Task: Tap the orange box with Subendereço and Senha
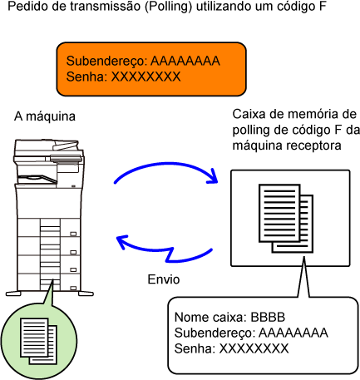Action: tap(151, 69)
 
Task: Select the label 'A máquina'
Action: tap(45, 116)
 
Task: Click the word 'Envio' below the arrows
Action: tap(164, 279)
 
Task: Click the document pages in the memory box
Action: tap(286, 219)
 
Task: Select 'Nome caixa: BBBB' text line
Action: tap(229, 318)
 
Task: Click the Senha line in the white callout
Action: tap(231, 348)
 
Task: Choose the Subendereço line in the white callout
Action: tap(251, 333)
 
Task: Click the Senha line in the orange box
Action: tap(123, 76)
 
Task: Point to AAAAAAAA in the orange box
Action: tap(185, 61)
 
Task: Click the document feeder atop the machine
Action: tap(48, 148)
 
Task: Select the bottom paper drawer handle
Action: tap(73, 289)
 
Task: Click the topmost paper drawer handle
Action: tap(73, 234)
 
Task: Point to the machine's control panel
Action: tap(66, 159)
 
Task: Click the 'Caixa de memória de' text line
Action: tap(294, 114)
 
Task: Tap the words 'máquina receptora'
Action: tap(287, 146)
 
